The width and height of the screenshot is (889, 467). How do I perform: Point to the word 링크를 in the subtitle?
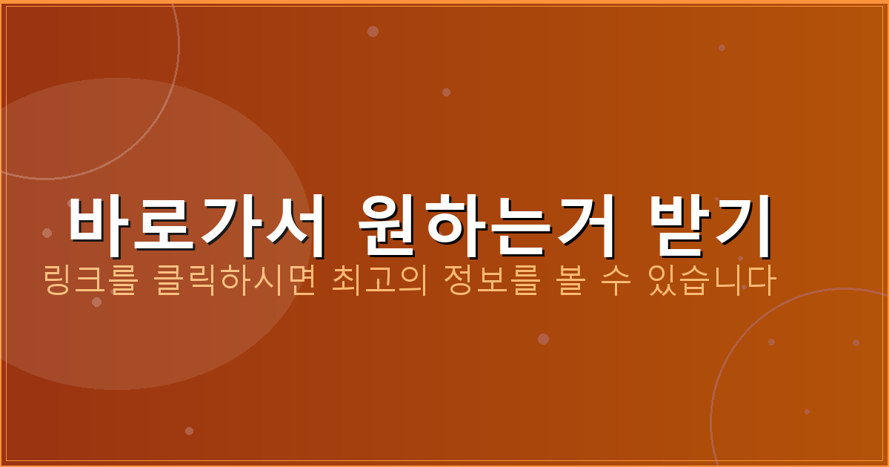coord(90,282)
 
